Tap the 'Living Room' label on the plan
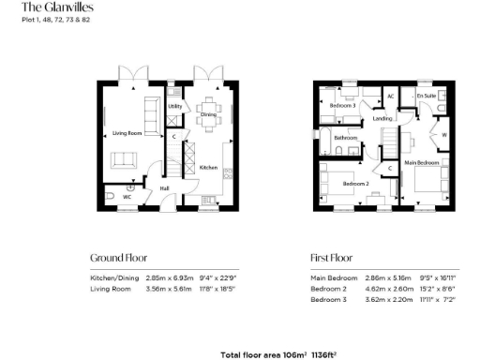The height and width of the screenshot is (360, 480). [120, 134]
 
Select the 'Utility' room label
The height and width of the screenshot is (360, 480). [174, 106]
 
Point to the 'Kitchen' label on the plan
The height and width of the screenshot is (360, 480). [208, 167]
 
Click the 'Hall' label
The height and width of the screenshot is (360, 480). [165, 187]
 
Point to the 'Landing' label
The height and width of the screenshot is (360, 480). [382, 119]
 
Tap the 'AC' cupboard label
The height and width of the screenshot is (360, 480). [391, 97]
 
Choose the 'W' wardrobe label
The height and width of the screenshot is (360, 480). [443, 133]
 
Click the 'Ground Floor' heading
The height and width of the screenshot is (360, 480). [118, 257]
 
